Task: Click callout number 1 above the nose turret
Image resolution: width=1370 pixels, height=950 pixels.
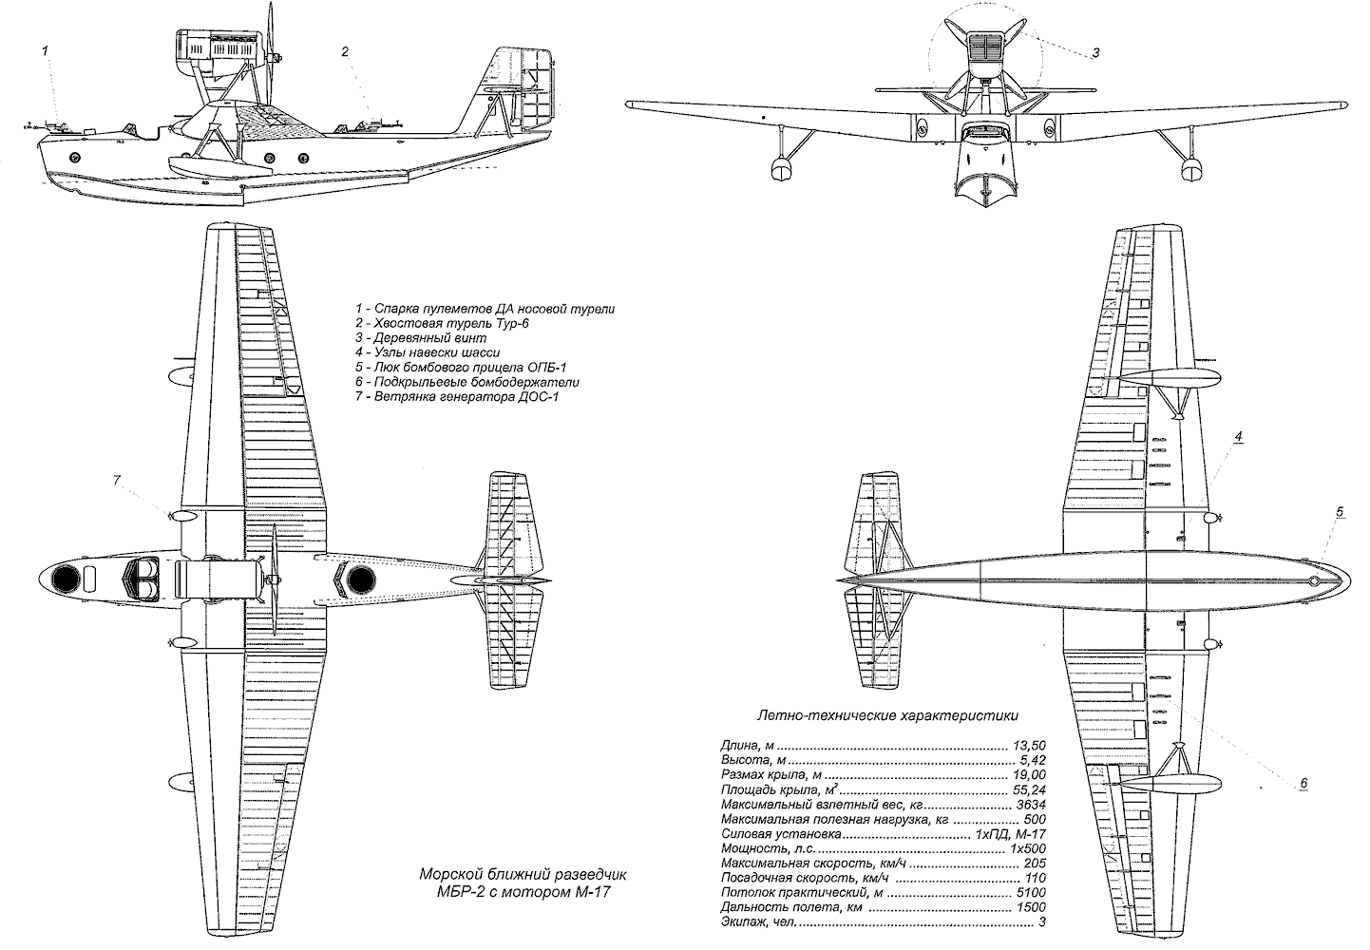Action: click(x=44, y=47)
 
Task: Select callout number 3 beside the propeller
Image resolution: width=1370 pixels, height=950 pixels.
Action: click(x=1095, y=53)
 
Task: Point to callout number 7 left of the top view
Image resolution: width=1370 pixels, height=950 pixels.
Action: click(x=117, y=481)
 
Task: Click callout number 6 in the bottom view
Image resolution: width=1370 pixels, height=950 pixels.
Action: click(x=1303, y=783)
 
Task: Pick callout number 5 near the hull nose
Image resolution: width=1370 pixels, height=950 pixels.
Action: click(x=1340, y=512)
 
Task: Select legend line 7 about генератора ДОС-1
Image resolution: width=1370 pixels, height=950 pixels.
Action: click(x=456, y=396)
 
